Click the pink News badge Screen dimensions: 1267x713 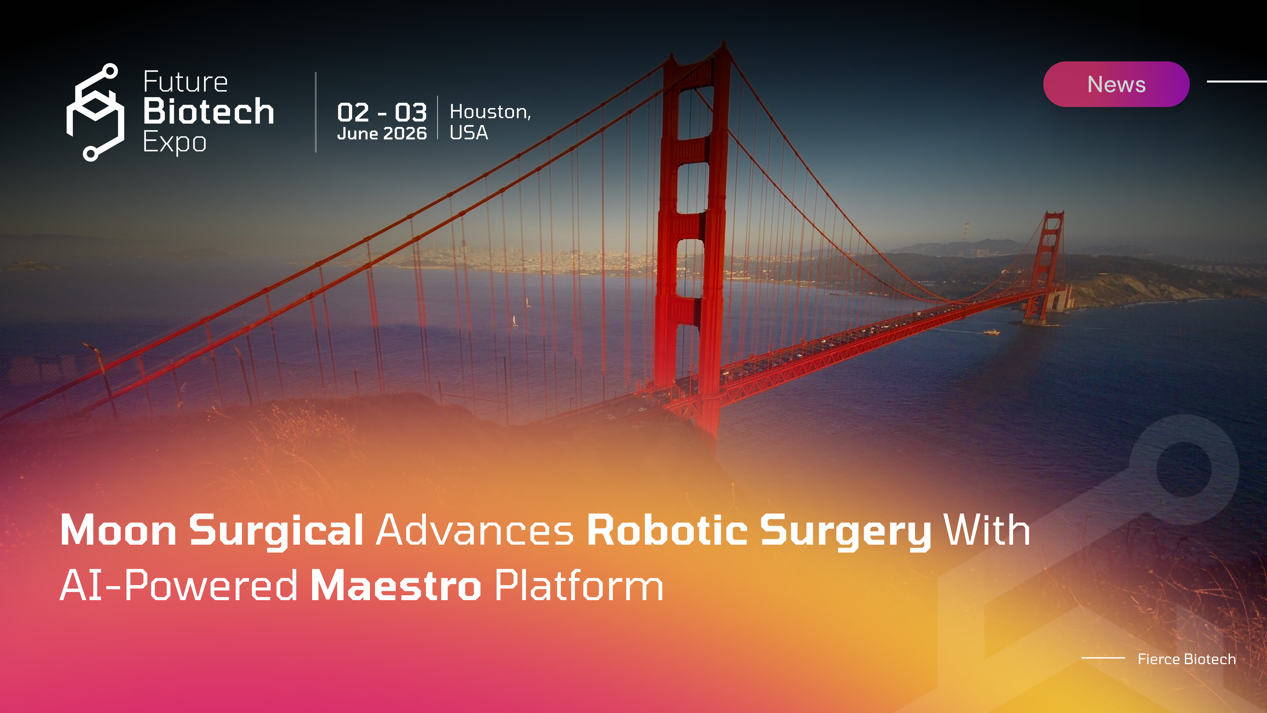tap(1116, 84)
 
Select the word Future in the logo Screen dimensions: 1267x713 tap(185, 82)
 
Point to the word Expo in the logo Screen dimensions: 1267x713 tap(175, 143)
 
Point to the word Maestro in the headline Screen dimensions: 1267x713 tap(396, 586)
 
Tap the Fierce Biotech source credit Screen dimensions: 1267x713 tap(1186, 659)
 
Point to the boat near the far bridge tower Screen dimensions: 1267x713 tap(992, 332)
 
